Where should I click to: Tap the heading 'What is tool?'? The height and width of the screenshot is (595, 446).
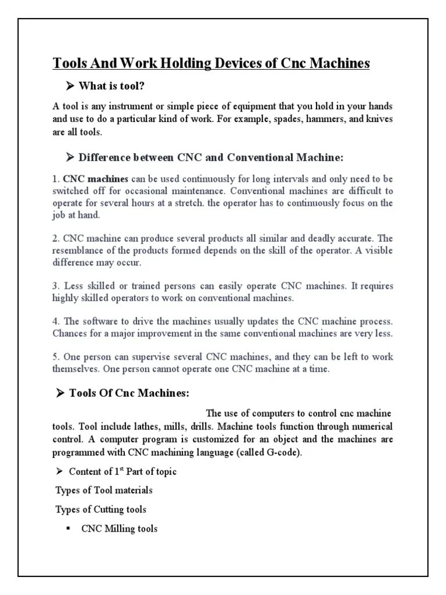coord(111,87)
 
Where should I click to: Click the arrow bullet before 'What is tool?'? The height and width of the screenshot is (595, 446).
coord(70,87)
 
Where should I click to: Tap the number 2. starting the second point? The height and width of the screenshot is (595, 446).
coord(56,239)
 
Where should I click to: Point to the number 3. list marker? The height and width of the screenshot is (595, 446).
coord(56,286)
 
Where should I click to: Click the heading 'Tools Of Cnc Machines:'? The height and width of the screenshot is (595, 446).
coord(129,393)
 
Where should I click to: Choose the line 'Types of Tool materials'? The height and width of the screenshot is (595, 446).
coord(104,490)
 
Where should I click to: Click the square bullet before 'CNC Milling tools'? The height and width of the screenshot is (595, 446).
coord(69,529)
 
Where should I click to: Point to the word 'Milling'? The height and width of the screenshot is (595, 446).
coord(118,529)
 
